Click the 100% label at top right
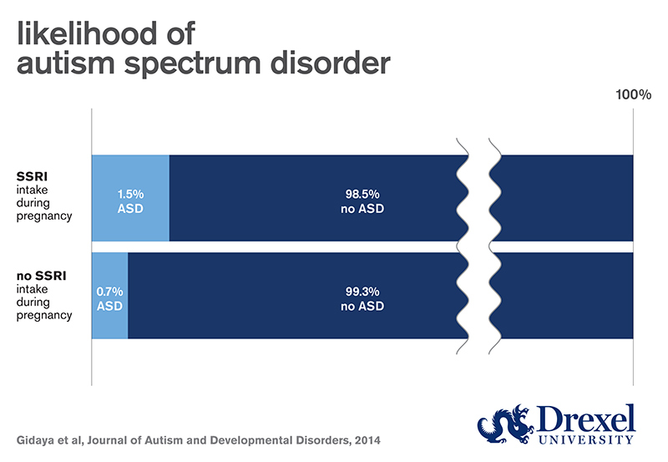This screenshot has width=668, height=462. pos(633,94)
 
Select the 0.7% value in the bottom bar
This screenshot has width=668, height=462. pos(109,292)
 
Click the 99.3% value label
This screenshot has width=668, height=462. pos(363,292)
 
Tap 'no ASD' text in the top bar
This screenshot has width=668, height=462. pos(363,208)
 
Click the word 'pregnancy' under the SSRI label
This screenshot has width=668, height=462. pos(44,216)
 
